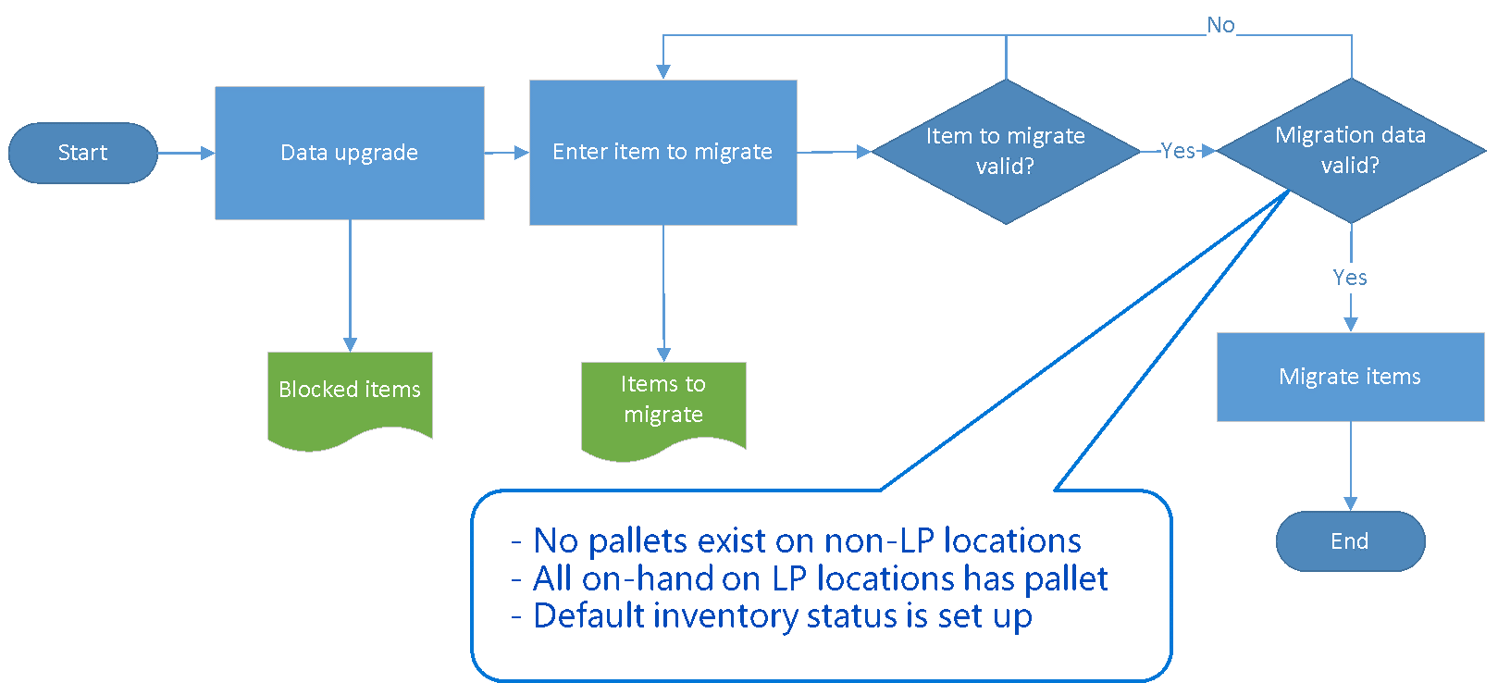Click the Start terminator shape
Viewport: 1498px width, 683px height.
pos(82,153)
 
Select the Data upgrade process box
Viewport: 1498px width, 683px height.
pos(350,153)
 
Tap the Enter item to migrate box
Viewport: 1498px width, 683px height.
pos(662,153)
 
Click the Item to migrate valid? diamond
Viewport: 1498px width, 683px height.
pos(1006,151)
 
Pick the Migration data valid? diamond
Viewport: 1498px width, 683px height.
pos(1350,150)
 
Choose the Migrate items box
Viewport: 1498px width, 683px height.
pos(1350,377)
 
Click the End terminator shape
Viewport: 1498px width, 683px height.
pos(1350,541)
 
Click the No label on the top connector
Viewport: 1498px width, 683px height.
pos(1220,25)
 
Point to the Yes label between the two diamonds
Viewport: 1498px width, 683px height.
pos(1178,151)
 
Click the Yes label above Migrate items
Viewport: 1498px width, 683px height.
pos(1350,278)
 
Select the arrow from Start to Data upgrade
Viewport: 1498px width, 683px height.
pos(185,153)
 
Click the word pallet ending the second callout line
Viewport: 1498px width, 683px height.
pos(1067,578)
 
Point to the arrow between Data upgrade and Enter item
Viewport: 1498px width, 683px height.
pos(506,153)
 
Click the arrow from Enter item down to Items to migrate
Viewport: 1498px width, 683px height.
pos(663,292)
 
